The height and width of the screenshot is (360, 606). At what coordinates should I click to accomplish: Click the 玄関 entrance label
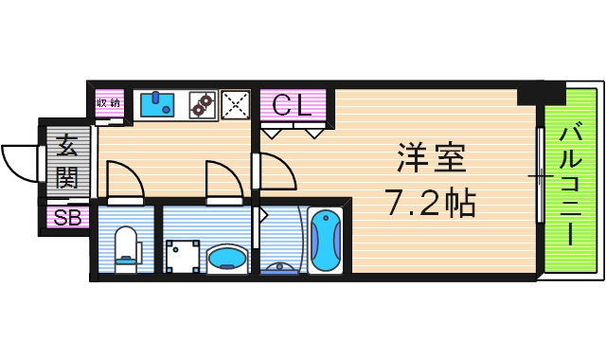pos(66,161)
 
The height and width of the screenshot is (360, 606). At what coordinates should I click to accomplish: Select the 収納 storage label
pos(109,103)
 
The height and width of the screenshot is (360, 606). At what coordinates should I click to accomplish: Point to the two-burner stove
pos(201,105)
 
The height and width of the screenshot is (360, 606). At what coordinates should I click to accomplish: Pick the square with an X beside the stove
pos(234,104)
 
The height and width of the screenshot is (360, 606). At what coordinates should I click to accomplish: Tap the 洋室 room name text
pos(431,156)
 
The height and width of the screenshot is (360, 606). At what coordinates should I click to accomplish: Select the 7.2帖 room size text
pos(429,201)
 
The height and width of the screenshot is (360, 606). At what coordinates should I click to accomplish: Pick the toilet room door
pos(123,180)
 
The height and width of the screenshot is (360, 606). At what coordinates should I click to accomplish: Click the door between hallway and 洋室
pos(275,171)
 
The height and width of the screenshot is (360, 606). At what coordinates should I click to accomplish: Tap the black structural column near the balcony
pos(540,93)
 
